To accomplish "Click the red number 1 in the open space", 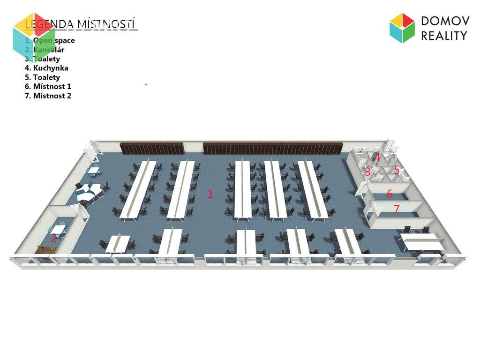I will tap(210, 194).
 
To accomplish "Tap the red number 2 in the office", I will tap(53, 238).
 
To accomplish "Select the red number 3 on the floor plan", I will tap(367, 172).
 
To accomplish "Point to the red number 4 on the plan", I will tap(377, 157).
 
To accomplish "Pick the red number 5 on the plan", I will tap(396, 170).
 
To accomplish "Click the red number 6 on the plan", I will tap(390, 194).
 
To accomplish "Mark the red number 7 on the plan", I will tap(396, 210).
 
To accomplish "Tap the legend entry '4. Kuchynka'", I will tap(46, 68).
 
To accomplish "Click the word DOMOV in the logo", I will tap(444, 21).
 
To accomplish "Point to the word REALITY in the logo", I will tap(444, 36).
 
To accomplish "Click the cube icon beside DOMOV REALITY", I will tap(402, 28).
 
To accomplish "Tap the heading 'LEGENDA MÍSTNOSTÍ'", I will tap(81, 24).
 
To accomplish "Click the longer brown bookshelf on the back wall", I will tap(273, 149).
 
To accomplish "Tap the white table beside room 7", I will tap(422, 241).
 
